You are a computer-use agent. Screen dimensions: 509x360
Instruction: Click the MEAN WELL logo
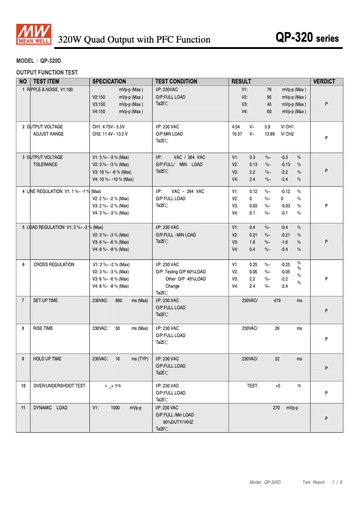(34, 35)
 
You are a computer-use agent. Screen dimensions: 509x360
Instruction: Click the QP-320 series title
(307, 38)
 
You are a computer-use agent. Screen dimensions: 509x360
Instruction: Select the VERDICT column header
(324, 81)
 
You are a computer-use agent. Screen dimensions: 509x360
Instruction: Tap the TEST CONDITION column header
(176, 81)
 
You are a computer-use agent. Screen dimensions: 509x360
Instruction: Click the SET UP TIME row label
(45, 300)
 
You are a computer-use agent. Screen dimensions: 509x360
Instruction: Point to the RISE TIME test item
(43, 328)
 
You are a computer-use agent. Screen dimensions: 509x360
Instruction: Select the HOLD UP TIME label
(47, 359)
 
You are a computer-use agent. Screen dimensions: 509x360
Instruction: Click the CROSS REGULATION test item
(54, 264)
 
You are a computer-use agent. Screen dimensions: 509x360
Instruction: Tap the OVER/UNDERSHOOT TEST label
(59, 386)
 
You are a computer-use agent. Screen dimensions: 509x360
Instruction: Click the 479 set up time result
(277, 300)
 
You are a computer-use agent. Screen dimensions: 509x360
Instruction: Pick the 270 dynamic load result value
(277, 408)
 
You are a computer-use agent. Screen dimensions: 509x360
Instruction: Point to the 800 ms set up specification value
(119, 300)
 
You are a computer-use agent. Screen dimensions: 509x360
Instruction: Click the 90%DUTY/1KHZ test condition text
(178, 422)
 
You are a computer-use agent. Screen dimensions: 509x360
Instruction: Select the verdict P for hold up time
(326, 368)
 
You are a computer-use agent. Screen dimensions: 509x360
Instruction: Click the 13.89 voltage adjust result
(270, 134)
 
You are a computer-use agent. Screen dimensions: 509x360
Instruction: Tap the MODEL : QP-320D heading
(39, 61)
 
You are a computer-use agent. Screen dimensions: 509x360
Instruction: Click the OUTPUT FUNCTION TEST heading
(47, 72)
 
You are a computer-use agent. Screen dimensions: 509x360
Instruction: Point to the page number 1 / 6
(337, 482)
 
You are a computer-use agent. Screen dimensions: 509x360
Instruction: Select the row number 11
(23, 408)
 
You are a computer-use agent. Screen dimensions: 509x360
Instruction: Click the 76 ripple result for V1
(269, 90)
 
